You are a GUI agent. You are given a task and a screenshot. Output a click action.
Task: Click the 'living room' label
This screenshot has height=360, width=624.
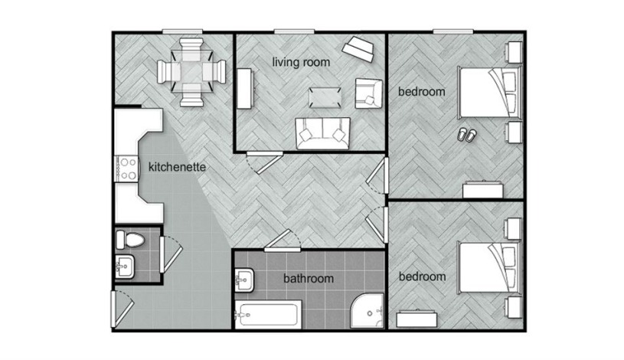(302, 62)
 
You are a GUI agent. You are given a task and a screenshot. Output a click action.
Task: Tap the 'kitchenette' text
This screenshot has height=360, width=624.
(177, 165)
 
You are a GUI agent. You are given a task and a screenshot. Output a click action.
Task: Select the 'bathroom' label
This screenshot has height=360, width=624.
(309, 279)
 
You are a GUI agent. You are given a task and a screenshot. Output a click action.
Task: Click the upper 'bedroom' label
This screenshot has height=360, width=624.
(421, 92)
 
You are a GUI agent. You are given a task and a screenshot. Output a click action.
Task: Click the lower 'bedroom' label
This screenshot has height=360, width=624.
(421, 276)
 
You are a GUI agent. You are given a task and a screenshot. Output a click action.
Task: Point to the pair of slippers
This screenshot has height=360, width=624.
(466, 135)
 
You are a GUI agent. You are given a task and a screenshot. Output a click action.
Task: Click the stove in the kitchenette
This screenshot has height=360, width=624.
(126, 167)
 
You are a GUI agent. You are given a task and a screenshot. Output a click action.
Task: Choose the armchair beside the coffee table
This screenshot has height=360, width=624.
(367, 93)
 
